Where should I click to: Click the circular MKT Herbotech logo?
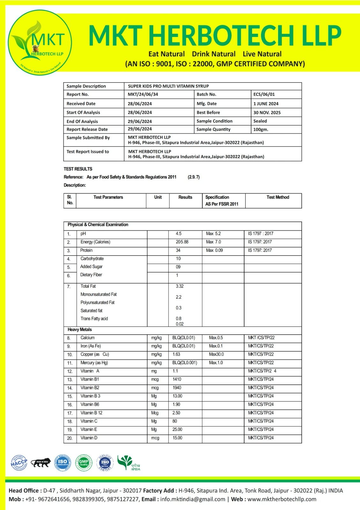click(x=40, y=42)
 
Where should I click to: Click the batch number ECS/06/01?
click(x=264, y=94)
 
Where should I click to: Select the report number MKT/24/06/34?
click(x=143, y=94)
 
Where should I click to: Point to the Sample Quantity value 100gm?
click(x=261, y=129)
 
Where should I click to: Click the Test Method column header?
click(x=277, y=197)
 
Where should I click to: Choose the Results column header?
click(x=185, y=197)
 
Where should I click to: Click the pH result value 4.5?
click(x=178, y=234)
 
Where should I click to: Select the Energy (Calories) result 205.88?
click(x=182, y=242)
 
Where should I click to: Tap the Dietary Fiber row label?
click(x=91, y=275)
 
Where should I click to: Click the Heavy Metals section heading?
click(x=80, y=330)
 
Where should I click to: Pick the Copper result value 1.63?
click(x=176, y=354)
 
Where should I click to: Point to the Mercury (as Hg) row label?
click(x=94, y=363)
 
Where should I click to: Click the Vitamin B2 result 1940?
click(x=177, y=388)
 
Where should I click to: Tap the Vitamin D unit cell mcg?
click(x=155, y=438)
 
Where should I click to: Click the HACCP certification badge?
click(x=19, y=463)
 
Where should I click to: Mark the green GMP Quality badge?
click(x=83, y=463)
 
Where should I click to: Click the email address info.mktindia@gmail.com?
click(x=192, y=499)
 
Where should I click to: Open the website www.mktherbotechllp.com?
click(x=282, y=499)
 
